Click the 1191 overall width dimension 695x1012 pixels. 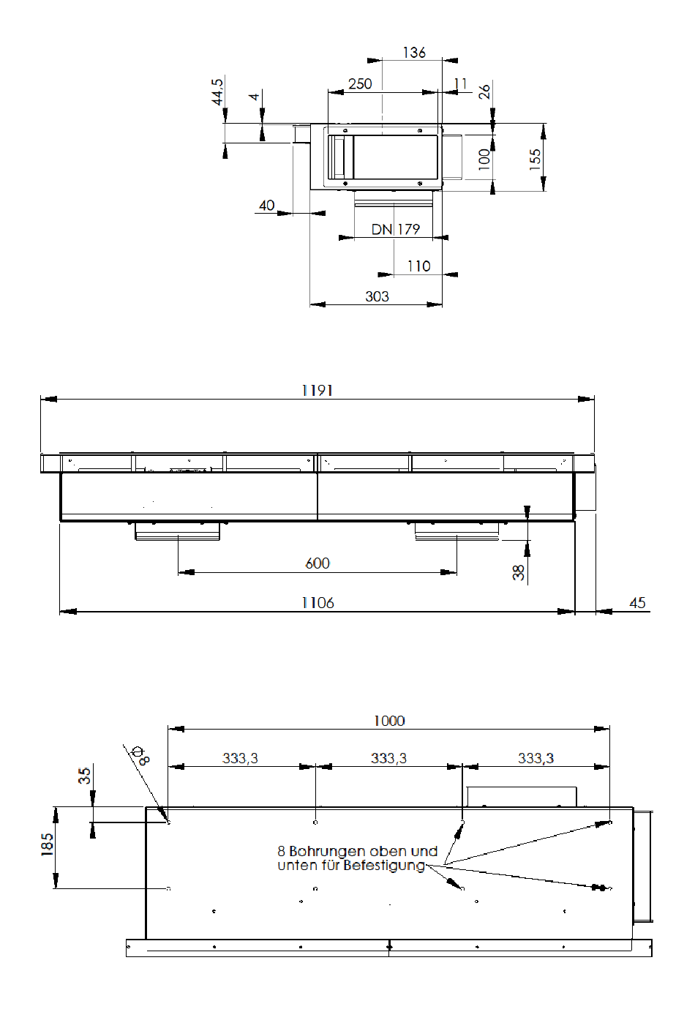317,390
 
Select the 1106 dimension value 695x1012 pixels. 318,603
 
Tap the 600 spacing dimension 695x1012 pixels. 318,563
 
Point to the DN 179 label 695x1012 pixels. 396,230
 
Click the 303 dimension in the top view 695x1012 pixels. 377,296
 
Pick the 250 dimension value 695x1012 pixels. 360,84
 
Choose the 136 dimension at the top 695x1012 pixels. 414,53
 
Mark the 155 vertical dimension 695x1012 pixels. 535,160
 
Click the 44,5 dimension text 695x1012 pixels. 217,91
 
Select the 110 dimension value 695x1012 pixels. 419,266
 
